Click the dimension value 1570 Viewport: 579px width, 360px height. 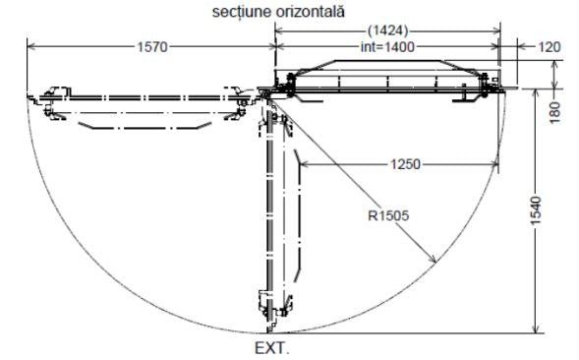pos(152,47)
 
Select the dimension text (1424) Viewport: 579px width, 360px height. pos(387,30)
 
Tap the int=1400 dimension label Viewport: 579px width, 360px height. pos(387,47)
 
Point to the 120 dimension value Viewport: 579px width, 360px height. pos(550,47)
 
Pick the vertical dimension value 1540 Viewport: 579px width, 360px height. pos(536,210)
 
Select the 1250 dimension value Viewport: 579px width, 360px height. pos(405,164)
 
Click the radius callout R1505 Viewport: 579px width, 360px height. pos(388,215)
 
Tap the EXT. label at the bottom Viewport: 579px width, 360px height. pos(272,348)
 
